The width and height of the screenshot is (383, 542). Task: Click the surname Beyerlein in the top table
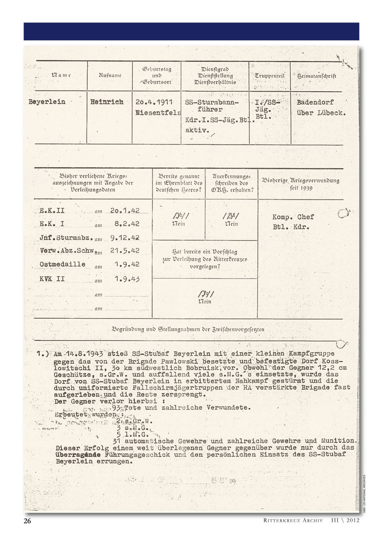tap(47, 101)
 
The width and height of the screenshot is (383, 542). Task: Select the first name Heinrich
tap(107, 101)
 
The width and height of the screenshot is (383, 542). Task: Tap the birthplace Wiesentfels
tap(158, 112)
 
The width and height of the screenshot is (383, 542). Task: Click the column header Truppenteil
tap(270, 76)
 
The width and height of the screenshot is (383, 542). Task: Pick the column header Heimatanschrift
tap(317, 76)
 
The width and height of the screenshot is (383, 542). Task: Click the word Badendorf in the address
tap(315, 102)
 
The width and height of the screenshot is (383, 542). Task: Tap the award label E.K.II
tap(52, 210)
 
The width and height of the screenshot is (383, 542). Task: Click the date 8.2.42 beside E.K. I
tap(127, 224)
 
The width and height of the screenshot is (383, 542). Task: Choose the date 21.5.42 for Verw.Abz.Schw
tap(125, 250)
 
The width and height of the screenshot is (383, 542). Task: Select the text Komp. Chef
tap(293, 217)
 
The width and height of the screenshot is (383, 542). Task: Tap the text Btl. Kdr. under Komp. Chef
tap(291, 227)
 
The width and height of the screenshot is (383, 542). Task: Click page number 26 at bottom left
tap(28, 521)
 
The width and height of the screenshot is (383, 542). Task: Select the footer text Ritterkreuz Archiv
tap(293, 521)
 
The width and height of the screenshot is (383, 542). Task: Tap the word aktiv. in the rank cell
tap(196, 130)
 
